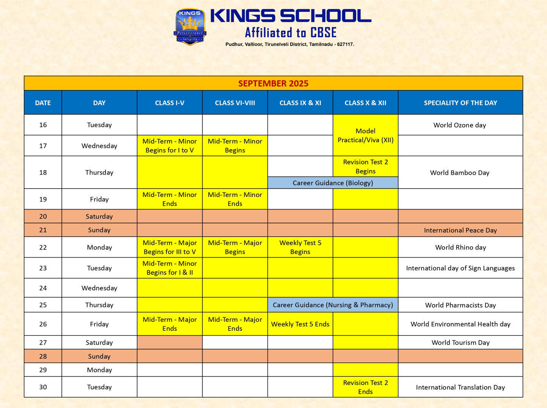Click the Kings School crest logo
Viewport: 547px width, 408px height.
pos(190,27)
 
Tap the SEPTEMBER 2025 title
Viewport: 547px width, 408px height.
pos(273,83)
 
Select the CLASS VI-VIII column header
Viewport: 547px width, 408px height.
pos(235,103)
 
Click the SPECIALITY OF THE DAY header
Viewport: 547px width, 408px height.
pos(460,103)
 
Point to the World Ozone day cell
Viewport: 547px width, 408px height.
pos(459,125)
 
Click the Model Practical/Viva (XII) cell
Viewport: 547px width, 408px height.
pos(365,135)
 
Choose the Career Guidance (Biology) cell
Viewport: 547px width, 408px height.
pos(333,183)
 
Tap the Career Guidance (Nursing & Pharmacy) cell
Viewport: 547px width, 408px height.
pos(333,305)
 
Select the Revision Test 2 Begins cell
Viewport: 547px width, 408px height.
pos(365,167)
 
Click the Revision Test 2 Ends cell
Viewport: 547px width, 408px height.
pos(365,387)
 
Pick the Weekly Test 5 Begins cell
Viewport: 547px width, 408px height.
pos(300,247)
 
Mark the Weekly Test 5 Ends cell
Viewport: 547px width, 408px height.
pos(300,324)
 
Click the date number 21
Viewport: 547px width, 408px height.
pos(43,230)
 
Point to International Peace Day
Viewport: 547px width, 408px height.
pos(460,230)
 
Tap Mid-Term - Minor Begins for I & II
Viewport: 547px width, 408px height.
pos(170,268)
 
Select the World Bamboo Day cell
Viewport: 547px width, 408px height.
pos(459,173)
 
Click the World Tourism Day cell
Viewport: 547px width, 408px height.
pos(460,343)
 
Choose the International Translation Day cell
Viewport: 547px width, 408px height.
pos(460,388)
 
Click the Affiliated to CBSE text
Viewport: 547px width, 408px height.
pos(291,33)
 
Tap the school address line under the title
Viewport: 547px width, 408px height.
pos(289,44)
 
